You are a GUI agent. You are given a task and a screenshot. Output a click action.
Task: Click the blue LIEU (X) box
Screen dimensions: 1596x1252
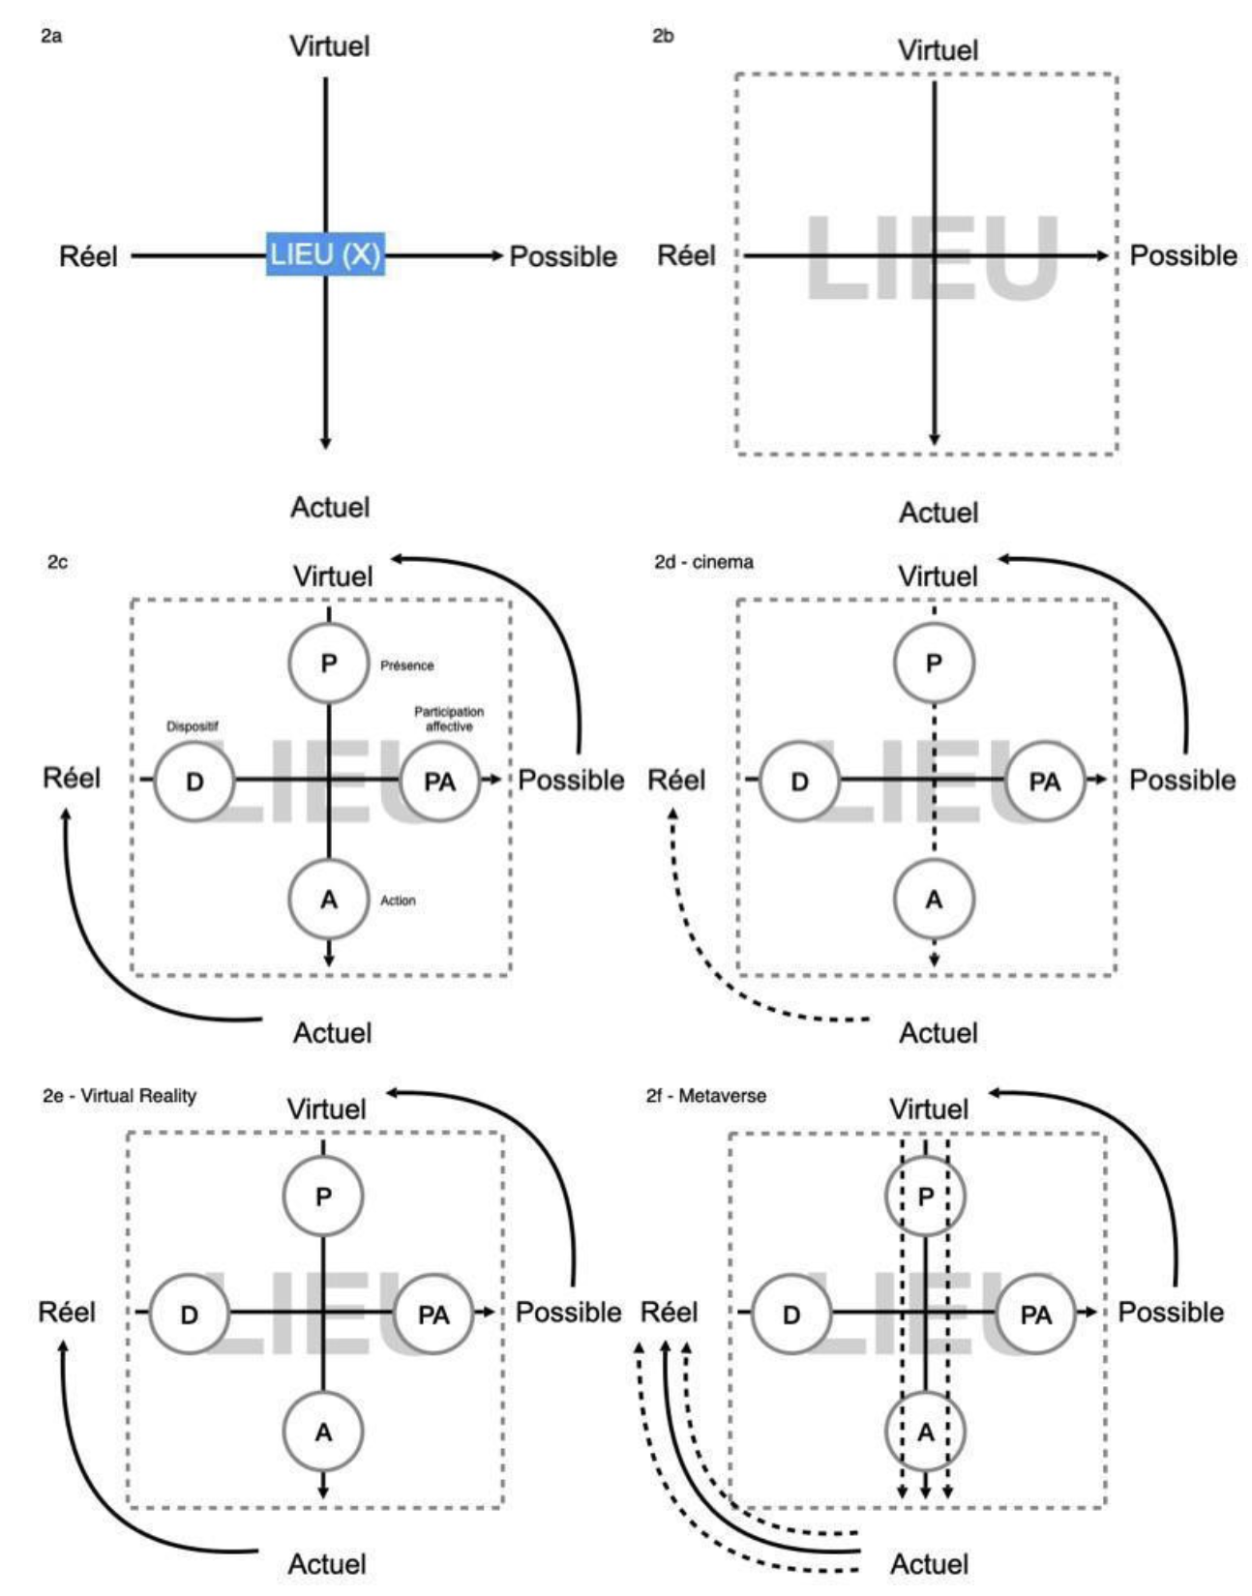coord(326,254)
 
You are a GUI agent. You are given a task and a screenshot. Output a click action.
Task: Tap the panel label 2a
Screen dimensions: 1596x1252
coord(51,37)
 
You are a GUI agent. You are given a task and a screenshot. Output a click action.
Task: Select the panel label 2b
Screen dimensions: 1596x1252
coord(663,37)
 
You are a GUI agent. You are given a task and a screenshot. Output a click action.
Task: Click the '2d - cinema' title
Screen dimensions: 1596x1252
coord(703,562)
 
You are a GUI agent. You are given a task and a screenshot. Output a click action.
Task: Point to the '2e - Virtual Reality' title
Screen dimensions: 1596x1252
coord(119,1096)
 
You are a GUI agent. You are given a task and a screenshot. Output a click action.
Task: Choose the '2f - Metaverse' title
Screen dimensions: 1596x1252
coord(706,1096)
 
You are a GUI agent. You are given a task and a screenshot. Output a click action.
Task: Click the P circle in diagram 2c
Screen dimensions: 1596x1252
coord(329,664)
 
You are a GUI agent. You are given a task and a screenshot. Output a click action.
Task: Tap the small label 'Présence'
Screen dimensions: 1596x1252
coord(406,665)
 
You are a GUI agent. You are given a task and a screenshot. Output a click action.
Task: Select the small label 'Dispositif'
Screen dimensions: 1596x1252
coord(192,726)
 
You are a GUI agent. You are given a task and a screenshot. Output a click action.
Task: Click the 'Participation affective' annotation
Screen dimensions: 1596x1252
coord(449,719)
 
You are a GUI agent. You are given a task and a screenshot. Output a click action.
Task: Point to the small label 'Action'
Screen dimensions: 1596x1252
coord(398,901)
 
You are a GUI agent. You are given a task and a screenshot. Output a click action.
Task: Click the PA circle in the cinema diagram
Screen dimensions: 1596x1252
coord(1044,781)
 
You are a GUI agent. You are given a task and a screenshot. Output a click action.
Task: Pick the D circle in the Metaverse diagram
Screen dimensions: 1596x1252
coord(791,1315)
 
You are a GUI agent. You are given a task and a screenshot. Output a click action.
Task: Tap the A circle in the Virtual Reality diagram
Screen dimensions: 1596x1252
coord(323,1432)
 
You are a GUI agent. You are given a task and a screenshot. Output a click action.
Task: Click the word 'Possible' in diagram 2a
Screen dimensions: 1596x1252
coord(563,256)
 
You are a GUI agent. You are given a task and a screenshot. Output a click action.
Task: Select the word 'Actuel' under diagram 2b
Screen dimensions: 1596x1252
coord(939,513)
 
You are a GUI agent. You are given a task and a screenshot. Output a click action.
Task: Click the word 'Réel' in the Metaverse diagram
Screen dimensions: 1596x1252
coord(669,1313)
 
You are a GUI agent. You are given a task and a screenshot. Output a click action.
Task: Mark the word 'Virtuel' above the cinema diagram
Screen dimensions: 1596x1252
coord(938,576)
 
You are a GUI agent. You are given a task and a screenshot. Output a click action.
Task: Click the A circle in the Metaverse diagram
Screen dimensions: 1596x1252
coord(925,1432)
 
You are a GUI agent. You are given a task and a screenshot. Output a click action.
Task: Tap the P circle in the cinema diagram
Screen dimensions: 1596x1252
coord(934,664)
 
